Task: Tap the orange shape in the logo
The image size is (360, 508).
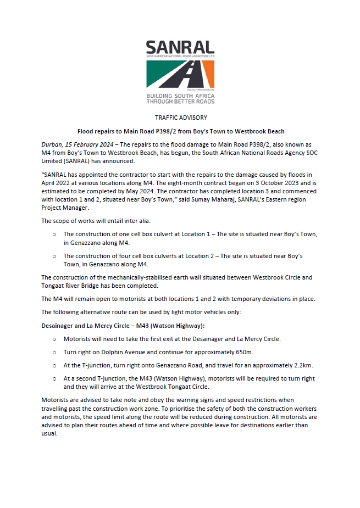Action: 207,74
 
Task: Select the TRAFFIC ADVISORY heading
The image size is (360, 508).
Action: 180,118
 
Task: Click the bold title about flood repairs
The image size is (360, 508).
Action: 180,131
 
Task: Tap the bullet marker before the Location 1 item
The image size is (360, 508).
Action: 54,235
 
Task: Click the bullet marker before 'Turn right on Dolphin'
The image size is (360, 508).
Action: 54,351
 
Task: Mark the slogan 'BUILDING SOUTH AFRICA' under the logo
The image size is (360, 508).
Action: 180,96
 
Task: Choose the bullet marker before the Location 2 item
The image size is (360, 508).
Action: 54,256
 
